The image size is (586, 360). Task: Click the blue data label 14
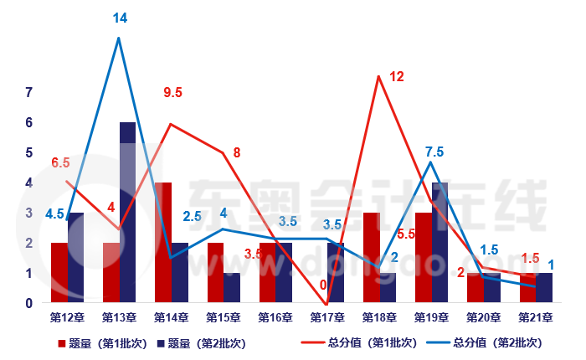pyautogui.click(x=120, y=18)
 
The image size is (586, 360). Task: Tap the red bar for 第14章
pyautogui.click(x=163, y=243)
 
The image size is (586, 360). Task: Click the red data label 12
pyautogui.click(x=397, y=77)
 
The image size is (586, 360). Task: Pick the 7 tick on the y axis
pyautogui.click(x=28, y=92)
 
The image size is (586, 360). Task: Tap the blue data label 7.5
pyautogui.click(x=434, y=152)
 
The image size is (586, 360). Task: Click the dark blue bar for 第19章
pyautogui.click(x=439, y=243)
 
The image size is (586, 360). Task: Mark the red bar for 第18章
pyautogui.click(x=371, y=257)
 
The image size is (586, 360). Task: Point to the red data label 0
pyautogui.click(x=323, y=285)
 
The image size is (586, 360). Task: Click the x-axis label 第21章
pyautogui.click(x=535, y=318)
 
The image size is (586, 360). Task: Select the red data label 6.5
pyautogui.click(x=60, y=162)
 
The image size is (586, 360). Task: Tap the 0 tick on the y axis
pyautogui.click(x=28, y=303)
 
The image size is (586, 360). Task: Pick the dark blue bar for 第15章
pyautogui.click(x=232, y=287)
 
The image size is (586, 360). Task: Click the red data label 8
pyautogui.click(x=237, y=153)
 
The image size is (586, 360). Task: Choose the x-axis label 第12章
pyautogui.click(x=67, y=318)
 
